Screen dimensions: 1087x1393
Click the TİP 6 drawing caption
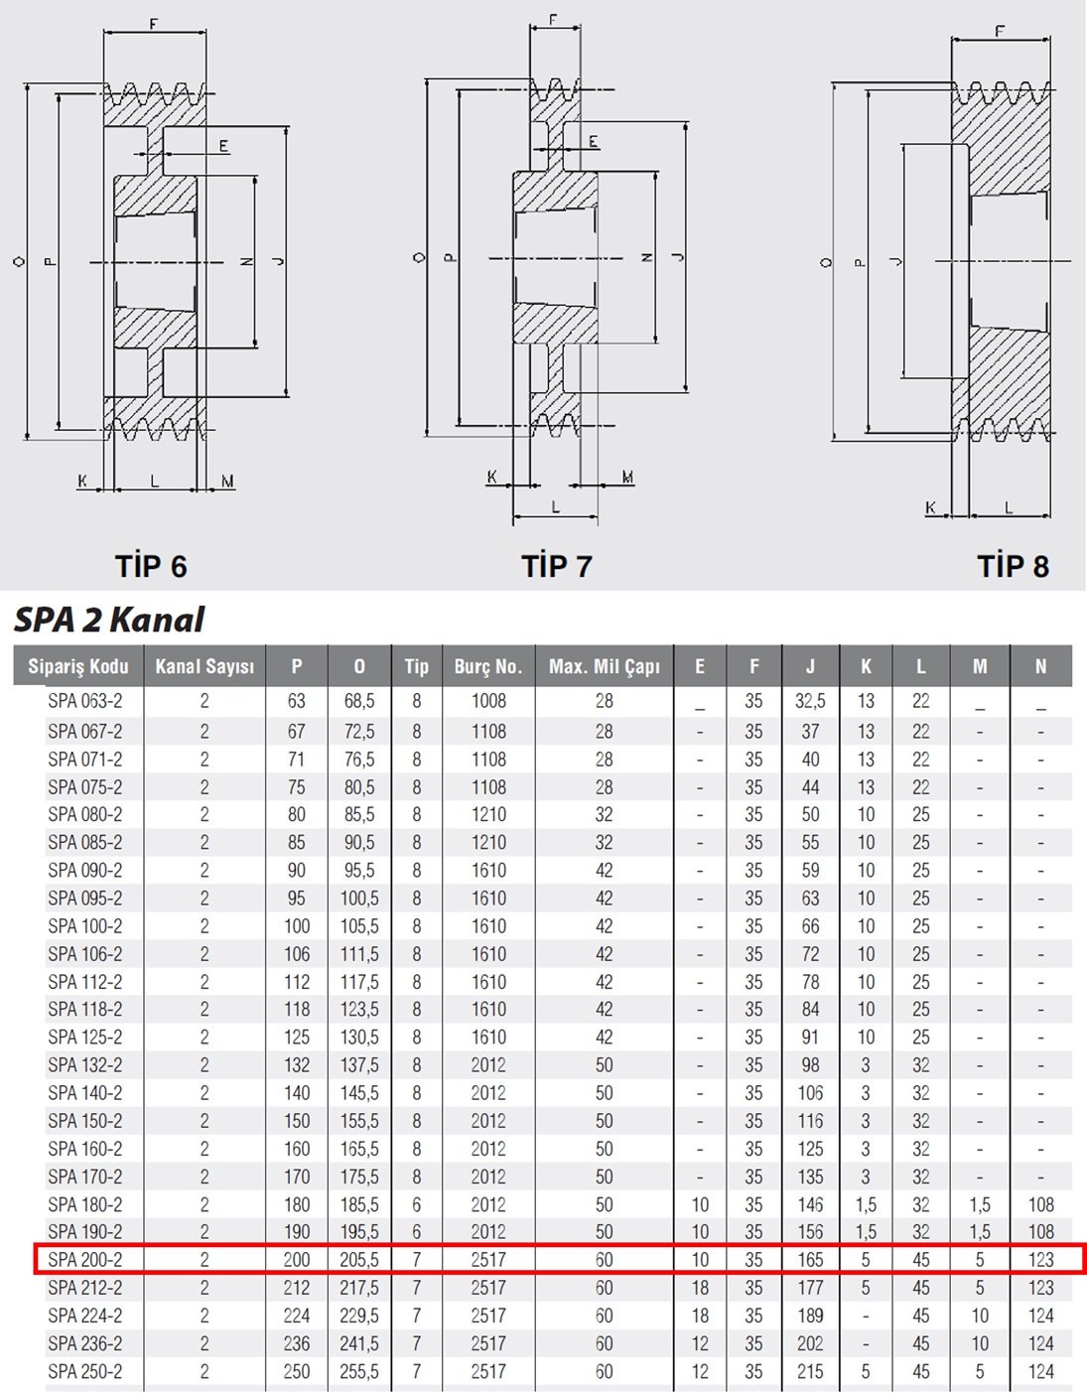pos(151,566)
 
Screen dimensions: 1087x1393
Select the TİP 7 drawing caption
pos(556,566)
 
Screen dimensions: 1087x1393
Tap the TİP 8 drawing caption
pos(1013,566)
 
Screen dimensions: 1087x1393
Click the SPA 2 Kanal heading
pos(109,620)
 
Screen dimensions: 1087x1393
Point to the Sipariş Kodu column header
pos(78,666)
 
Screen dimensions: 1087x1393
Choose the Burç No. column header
pos(488,666)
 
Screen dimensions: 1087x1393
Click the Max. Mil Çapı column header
pos(604,666)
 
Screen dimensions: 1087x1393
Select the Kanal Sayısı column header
pos(204,666)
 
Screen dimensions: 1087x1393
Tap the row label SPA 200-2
pos(84,1260)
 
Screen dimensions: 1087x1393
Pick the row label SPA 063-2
pos(84,701)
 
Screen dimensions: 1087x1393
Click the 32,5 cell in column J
pos(810,701)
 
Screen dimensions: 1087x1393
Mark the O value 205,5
pos(359,1260)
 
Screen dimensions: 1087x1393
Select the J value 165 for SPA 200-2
pos(810,1260)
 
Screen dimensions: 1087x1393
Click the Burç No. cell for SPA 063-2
pos(488,701)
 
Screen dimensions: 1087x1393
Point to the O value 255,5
pos(359,1372)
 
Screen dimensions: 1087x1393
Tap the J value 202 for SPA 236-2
pos(810,1343)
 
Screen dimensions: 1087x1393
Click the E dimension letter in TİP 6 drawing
pos(223,146)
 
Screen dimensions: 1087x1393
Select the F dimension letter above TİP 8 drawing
pos(1000,31)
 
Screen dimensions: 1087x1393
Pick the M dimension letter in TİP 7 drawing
pos(628,477)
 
